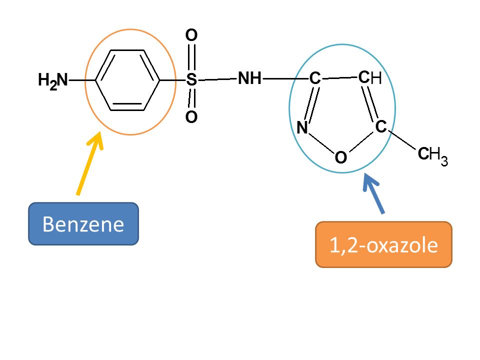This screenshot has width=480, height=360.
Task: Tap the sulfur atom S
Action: pos(191,79)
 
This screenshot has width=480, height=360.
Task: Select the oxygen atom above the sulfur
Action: pos(191,35)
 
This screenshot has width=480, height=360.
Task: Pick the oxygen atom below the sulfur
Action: pos(191,117)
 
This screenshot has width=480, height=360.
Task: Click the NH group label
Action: pos(250,78)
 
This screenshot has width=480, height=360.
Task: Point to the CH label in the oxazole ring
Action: pos(370,77)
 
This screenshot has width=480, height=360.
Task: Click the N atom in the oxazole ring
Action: pos(302,127)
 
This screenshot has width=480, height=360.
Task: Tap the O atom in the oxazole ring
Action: pos(341,157)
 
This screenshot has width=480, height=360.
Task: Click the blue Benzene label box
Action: pos(83,224)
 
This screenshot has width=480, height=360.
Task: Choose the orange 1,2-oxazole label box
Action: pos(383,244)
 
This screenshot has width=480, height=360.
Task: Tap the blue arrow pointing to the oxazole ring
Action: pos(373,193)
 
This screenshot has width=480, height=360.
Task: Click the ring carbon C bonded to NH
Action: pos(314,78)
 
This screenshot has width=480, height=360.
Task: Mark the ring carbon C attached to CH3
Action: pos(381,126)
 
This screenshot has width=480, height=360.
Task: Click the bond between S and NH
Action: pos(217,79)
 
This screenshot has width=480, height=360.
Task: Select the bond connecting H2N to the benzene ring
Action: pos(82,80)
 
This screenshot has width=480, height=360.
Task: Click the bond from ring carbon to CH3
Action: pos(401,140)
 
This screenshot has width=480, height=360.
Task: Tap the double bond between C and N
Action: pos(311,104)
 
